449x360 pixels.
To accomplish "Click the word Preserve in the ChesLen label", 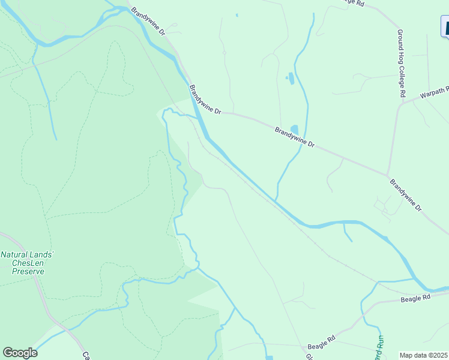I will pyautogui.click(x=28, y=271).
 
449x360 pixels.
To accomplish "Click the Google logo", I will pyautogui.click(x=20, y=353).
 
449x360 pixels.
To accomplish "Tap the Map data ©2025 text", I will pyautogui.click(x=424, y=355).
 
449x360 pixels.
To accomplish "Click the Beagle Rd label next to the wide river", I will pyautogui.click(x=415, y=298).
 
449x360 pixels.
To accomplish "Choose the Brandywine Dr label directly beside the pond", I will pyautogui.click(x=295, y=137).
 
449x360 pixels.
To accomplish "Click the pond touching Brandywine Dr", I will pyautogui.click(x=294, y=129).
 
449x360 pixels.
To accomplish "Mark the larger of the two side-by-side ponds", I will pyautogui.click(x=292, y=77).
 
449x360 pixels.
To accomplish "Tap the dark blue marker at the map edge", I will pyautogui.click(x=445, y=27).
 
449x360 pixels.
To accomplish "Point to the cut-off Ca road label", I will pyautogui.click(x=85, y=355).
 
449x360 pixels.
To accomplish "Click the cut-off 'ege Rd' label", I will pyautogui.click(x=353, y=3).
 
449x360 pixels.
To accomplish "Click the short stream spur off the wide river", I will pyautogui.click(x=347, y=233).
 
